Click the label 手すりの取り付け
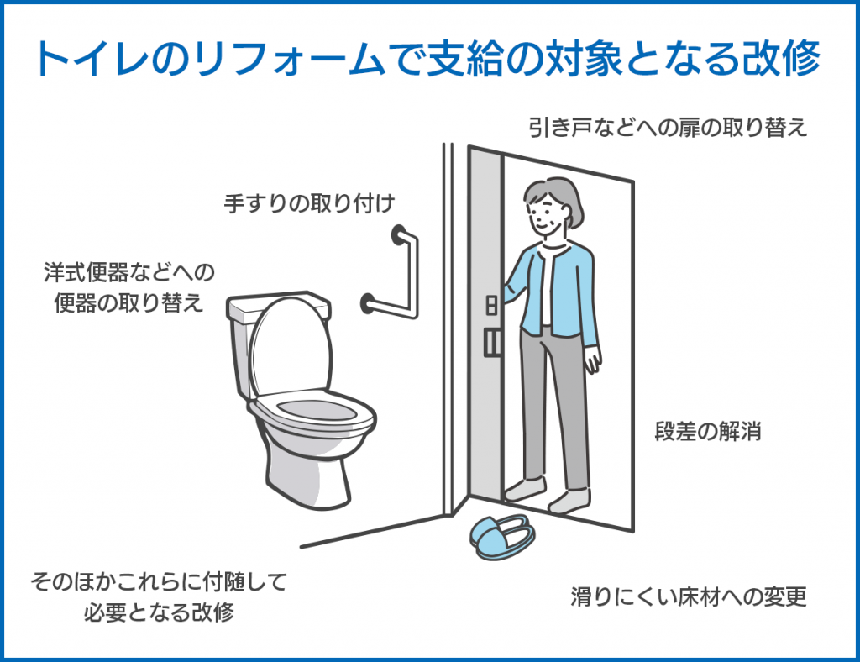click(309, 203)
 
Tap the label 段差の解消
click(707, 432)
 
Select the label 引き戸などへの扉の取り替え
click(668, 127)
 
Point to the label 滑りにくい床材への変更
click(688, 596)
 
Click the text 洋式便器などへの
click(129, 272)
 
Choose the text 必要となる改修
click(159, 612)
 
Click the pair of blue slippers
click(502, 536)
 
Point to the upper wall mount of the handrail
click(398, 234)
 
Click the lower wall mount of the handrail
click(368, 303)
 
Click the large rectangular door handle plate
click(492, 342)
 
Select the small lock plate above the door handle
click(491, 305)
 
